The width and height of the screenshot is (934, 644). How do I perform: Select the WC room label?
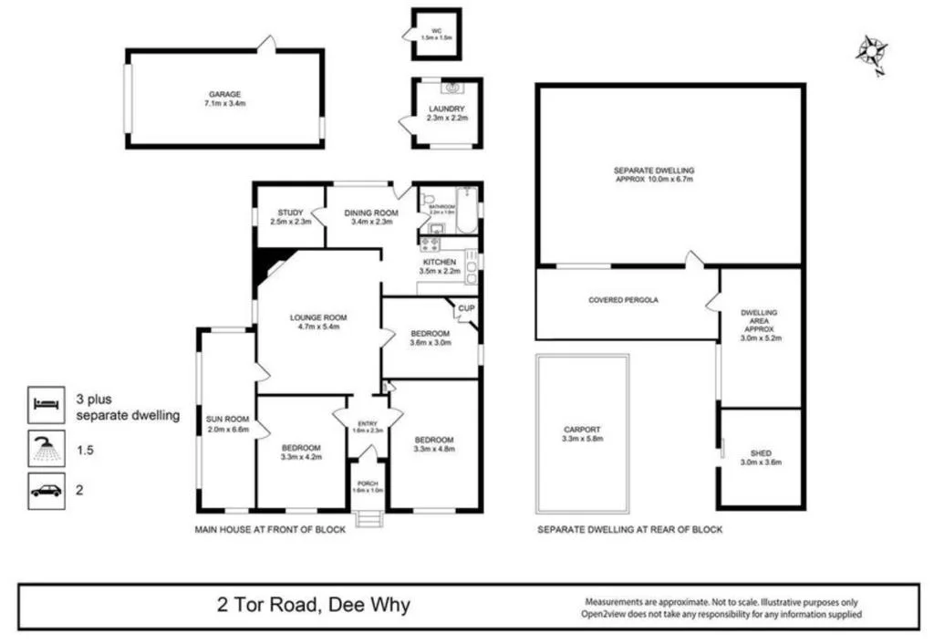(x=436, y=33)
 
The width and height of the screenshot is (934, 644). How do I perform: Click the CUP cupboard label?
(x=465, y=308)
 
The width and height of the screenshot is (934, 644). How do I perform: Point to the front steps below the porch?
(x=368, y=519)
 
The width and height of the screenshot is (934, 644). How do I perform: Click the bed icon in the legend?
(x=46, y=403)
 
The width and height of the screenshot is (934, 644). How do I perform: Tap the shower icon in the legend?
(x=46, y=449)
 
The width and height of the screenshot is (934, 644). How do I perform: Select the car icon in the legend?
(x=46, y=490)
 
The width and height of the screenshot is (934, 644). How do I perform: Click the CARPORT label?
(x=582, y=433)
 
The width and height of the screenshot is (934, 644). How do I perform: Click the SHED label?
(x=760, y=456)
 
